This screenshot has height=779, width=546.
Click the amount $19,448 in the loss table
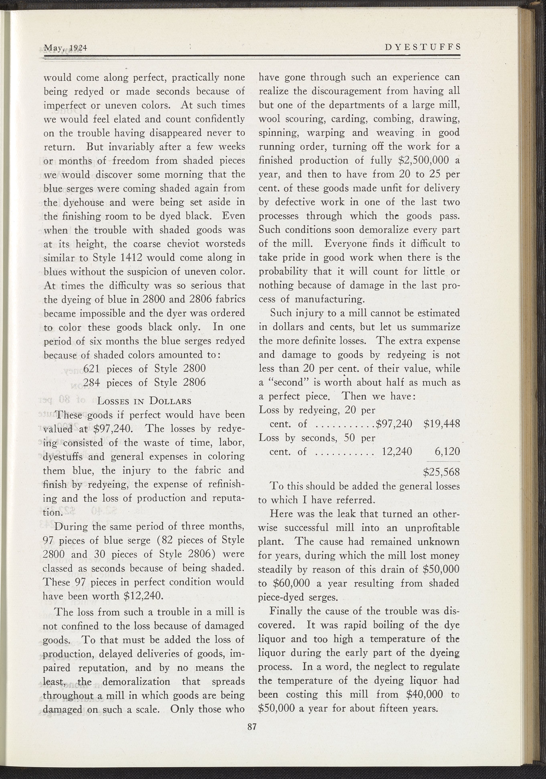(442, 424)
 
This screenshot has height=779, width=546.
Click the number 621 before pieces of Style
(91, 368)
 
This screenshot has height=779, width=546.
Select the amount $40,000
(424, 694)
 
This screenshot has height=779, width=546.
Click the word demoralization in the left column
(136, 681)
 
